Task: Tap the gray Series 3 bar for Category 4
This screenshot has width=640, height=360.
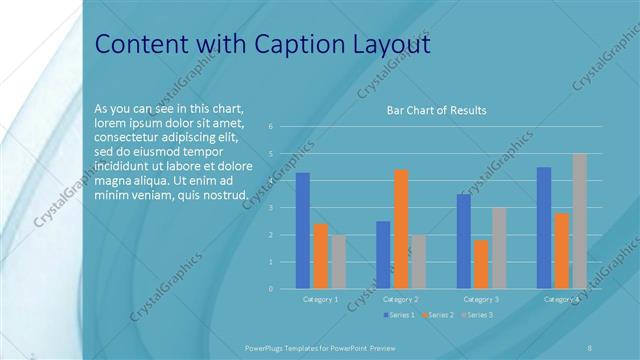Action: click(x=579, y=221)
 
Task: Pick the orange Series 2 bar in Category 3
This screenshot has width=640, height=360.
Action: click(x=481, y=264)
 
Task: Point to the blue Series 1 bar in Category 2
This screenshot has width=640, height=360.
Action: click(x=383, y=255)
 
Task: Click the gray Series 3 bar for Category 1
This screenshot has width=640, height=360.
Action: click(x=338, y=262)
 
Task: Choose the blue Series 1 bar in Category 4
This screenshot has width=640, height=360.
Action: click(x=544, y=228)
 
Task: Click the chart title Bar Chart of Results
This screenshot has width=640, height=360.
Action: click(x=436, y=110)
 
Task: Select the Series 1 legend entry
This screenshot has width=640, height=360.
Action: click(x=400, y=315)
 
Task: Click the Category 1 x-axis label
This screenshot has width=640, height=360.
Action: click(x=320, y=299)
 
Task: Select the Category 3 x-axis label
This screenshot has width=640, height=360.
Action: click(x=481, y=299)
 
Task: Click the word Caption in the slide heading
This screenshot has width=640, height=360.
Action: click(x=309, y=45)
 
